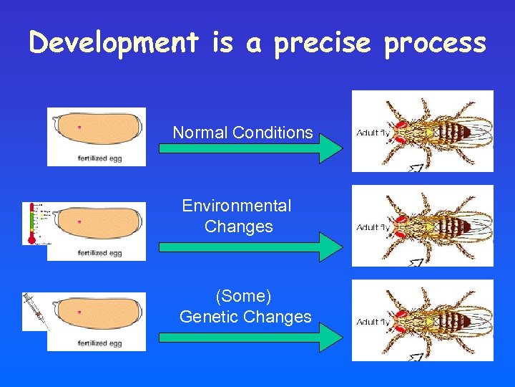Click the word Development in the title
114,43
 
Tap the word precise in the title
322,44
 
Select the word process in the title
435,44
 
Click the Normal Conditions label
242,133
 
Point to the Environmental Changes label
237,216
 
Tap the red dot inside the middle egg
79,222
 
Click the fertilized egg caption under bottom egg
99,343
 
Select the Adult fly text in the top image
372,133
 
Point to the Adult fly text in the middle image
372,227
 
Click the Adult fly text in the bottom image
372,322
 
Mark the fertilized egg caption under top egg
99,158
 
